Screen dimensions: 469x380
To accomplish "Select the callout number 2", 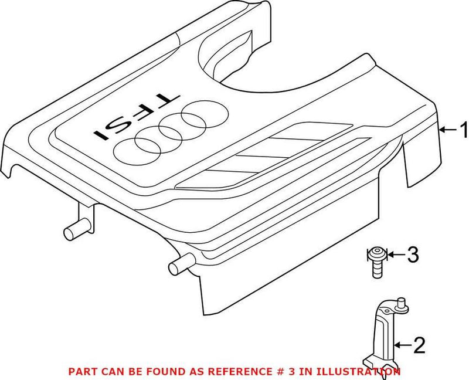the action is [x=419, y=345].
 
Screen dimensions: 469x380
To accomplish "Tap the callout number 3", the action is [x=413, y=255].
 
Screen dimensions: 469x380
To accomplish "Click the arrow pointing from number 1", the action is [x=448, y=130].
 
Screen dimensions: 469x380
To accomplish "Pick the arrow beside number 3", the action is [x=396, y=255].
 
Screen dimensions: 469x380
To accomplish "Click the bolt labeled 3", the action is [x=377, y=262].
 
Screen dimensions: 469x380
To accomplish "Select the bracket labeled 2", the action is [x=385, y=337].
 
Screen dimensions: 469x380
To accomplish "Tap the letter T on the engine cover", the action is [x=166, y=101].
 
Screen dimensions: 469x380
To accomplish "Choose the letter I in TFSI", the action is [x=101, y=135].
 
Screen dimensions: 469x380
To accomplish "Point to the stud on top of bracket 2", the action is [x=402, y=305].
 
